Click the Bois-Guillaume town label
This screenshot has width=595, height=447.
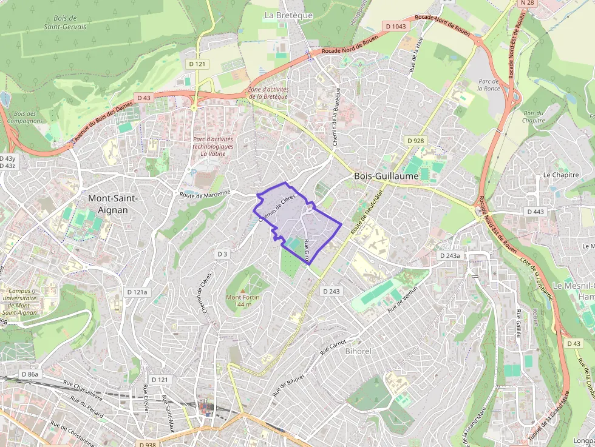pyautogui.click(x=386, y=176)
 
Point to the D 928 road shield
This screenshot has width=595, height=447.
pyautogui.click(x=416, y=141)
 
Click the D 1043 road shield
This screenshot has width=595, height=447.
pyautogui.click(x=396, y=26)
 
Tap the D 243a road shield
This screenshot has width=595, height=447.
pyautogui.click(x=450, y=256)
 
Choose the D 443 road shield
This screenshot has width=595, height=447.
pyautogui.click(x=535, y=212)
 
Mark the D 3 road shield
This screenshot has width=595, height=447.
pyautogui.click(x=223, y=254)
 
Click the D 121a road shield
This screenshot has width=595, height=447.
pyautogui.click(x=137, y=292)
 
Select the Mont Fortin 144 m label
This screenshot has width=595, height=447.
pyautogui.click(x=243, y=300)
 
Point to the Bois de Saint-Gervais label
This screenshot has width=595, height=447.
pyautogui.click(x=65, y=23)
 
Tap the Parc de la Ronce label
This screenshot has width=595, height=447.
pyautogui.click(x=488, y=84)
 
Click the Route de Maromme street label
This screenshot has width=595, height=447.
pyautogui.click(x=205, y=194)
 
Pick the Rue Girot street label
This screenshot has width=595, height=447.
pyautogui.click(x=307, y=251)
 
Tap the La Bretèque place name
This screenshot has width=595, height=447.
pyautogui.click(x=288, y=15)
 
